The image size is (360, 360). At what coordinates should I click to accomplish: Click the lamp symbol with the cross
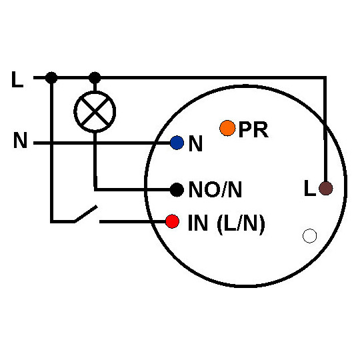pyautogui.click(x=95, y=111)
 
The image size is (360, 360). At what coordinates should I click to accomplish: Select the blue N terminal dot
pyautogui.click(x=177, y=143)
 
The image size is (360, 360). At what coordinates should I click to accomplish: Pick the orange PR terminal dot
pyautogui.click(x=227, y=127)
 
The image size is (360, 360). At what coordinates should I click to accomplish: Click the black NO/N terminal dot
pyautogui.click(x=177, y=190)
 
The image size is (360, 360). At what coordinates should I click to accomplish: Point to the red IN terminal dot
pyautogui.click(x=173, y=221)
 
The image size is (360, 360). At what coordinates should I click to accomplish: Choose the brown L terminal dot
pyautogui.click(x=325, y=189)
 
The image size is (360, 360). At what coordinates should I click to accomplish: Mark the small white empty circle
pyautogui.click(x=309, y=235)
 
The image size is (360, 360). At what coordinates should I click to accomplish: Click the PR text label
pyautogui.click(x=253, y=130)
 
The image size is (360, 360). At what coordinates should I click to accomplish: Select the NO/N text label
pyautogui.click(x=215, y=191)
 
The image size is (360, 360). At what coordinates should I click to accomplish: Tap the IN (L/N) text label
pyautogui.click(x=226, y=223)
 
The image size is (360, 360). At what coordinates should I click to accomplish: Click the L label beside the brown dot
pyautogui.click(x=309, y=189)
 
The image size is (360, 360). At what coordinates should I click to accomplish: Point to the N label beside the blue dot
pyautogui.click(x=195, y=144)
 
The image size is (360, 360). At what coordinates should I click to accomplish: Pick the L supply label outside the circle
pyautogui.click(x=17, y=81)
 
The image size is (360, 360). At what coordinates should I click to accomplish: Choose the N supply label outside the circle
pyautogui.click(x=20, y=142)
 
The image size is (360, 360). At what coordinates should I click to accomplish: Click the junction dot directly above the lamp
pyautogui.click(x=95, y=78)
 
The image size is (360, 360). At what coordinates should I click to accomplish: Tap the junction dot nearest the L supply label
pyautogui.click(x=52, y=78)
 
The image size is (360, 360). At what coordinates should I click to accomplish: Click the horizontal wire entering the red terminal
pyautogui.click(x=133, y=221)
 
